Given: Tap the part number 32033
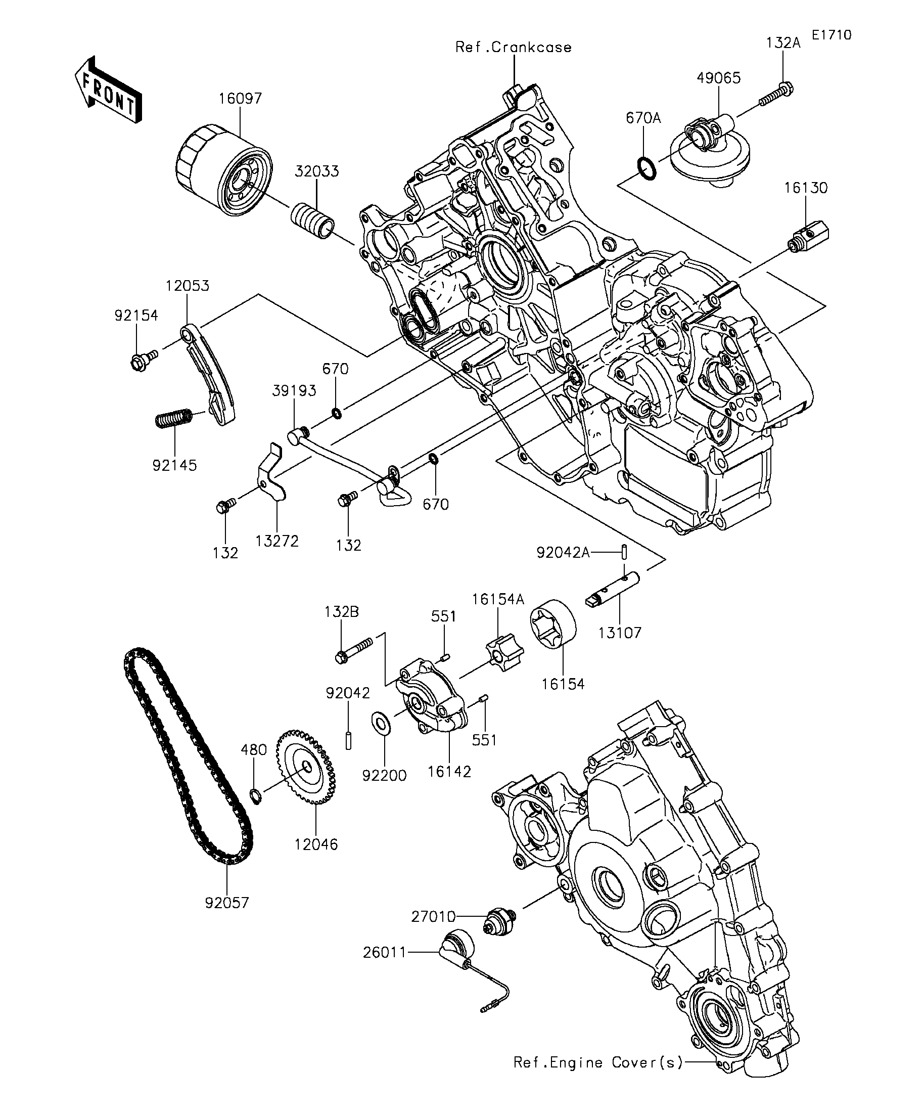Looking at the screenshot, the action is tap(317, 171).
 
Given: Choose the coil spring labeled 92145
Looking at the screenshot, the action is tap(173, 418).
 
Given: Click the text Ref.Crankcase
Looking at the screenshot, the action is tap(514, 47).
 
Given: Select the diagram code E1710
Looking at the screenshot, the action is tap(831, 35).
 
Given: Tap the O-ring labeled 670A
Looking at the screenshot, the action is tap(646, 168).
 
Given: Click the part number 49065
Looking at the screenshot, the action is tap(719, 78).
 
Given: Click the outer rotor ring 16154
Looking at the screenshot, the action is tap(554, 624).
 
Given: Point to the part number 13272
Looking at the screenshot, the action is tap(277, 541).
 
